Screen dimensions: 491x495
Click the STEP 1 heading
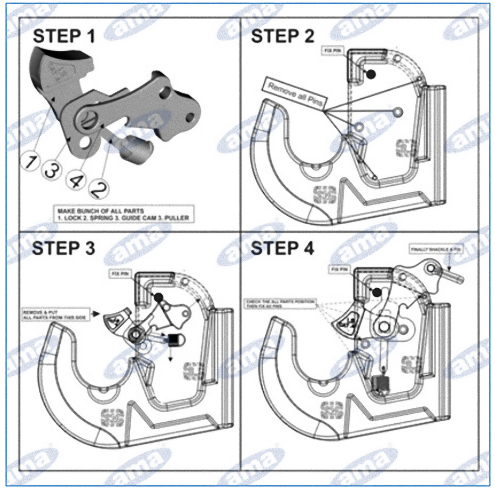coord(63,36)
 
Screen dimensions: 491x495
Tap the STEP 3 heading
coord(63,248)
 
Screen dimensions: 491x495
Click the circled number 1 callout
coord(30,160)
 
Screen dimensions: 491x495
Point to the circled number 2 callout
coord(98,189)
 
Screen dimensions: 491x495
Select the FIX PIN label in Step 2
coord(332,51)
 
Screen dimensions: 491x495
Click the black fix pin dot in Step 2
coord(371,74)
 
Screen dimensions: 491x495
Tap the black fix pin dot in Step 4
coord(377,293)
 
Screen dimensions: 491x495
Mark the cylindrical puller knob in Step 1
coord(136,148)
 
